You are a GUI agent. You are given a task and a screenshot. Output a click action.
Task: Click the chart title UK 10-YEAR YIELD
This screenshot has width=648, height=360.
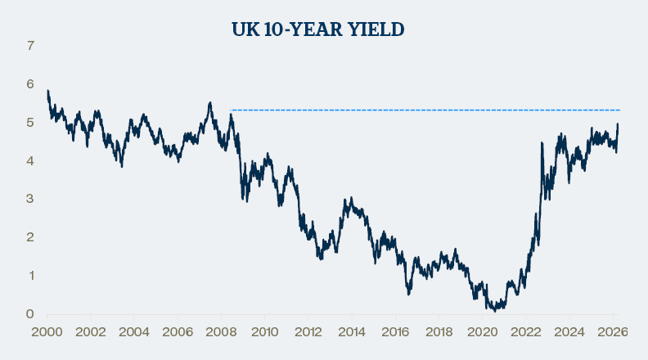[x=319, y=29]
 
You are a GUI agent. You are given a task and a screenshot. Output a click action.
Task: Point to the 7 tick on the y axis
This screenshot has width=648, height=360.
[x=30, y=46]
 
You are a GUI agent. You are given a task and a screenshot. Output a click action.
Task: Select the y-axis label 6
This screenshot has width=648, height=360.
[x=30, y=84]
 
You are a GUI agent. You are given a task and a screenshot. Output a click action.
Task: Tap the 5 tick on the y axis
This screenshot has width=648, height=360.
[x=30, y=123]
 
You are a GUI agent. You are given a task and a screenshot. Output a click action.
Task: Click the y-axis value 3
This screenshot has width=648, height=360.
[x=30, y=199]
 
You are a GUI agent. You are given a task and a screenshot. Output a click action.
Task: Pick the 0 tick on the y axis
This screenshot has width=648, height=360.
[x=30, y=314]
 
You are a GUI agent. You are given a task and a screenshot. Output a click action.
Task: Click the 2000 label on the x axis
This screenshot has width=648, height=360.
[x=47, y=332]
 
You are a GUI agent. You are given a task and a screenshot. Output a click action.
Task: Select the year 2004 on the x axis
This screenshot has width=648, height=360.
[x=133, y=332]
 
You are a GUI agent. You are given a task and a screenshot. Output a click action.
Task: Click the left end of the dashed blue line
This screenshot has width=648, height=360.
[x=232, y=110]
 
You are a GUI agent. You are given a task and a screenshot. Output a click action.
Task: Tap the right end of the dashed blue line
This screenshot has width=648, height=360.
[x=619, y=110]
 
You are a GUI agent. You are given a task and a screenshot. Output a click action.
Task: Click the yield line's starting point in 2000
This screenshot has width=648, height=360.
[x=47, y=91]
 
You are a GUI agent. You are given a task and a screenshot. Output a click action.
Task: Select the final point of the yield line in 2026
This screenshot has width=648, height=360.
[x=618, y=124]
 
